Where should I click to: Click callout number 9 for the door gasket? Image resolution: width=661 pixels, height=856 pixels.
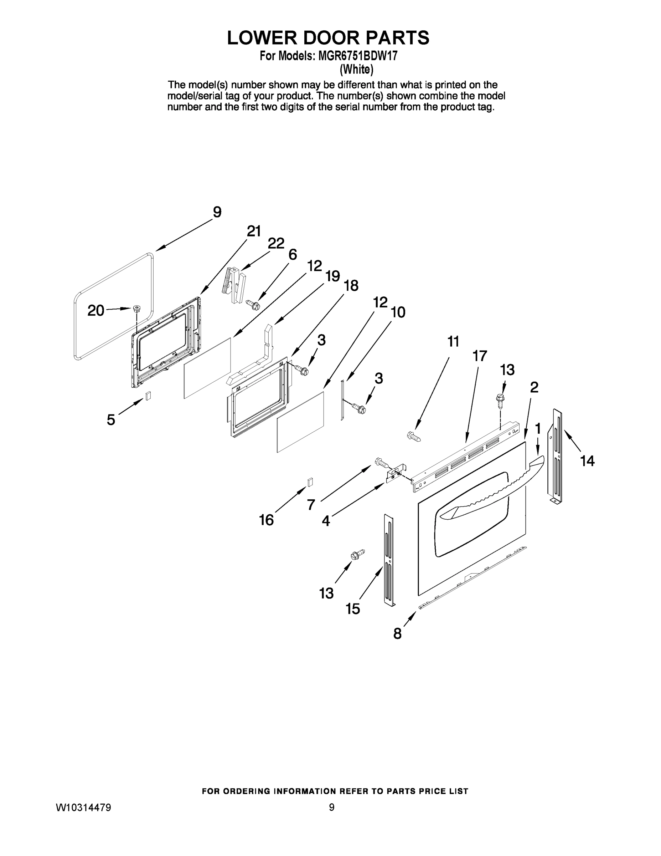[x=217, y=212]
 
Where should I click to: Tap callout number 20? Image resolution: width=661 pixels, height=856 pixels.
[x=95, y=310]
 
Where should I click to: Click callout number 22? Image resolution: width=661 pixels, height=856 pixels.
[x=276, y=243]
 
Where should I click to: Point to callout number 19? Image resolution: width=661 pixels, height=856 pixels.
[x=332, y=276]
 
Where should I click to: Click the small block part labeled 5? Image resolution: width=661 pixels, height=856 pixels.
[x=148, y=396]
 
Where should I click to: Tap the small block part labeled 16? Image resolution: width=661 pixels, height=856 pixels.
[x=310, y=482]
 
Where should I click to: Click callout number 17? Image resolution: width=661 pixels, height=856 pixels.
[x=479, y=356]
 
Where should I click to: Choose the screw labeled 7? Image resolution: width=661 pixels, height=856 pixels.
[x=382, y=463]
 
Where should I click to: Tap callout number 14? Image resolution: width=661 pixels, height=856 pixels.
[x=587, y=461]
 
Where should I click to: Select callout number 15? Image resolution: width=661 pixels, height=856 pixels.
[x=352, y=609]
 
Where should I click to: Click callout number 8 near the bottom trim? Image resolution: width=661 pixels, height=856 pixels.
[x=397, y=633]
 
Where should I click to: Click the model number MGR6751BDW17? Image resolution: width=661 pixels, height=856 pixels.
[x=357, y=56]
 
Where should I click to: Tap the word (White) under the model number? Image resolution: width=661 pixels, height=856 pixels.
[x=356, y=70]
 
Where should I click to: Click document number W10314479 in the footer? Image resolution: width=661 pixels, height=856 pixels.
[x=83, y=807]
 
